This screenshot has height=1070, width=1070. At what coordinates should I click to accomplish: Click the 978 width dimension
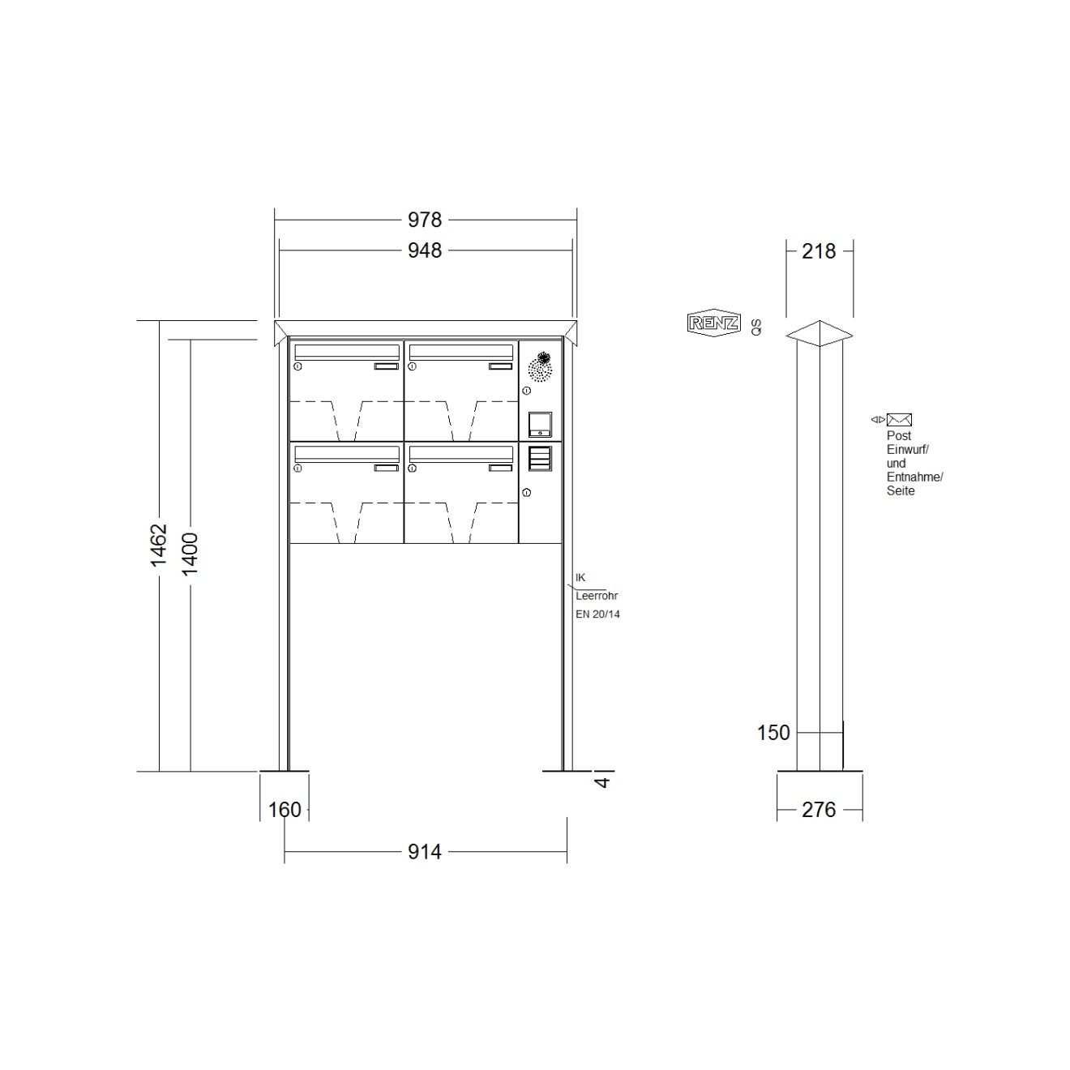tap(424, 220)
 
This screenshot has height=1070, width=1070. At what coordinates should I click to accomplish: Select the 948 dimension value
tap(424, 250)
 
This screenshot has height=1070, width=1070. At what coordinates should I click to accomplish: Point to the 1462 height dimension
tap(159, 545)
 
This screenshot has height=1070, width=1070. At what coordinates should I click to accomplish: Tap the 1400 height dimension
tap(190, 554)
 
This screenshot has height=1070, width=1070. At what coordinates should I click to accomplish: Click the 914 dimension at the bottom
tap(424, 851)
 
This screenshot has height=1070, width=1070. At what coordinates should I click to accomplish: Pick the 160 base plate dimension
tap(285, 810)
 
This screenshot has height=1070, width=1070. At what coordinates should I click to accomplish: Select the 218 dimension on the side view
tap(819, 251)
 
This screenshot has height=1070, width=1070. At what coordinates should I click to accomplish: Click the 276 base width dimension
tap(819, 810)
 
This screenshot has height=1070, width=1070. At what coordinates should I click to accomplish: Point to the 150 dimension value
tap(773, 733)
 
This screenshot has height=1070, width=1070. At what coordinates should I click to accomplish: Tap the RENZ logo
tap(713, 323)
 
